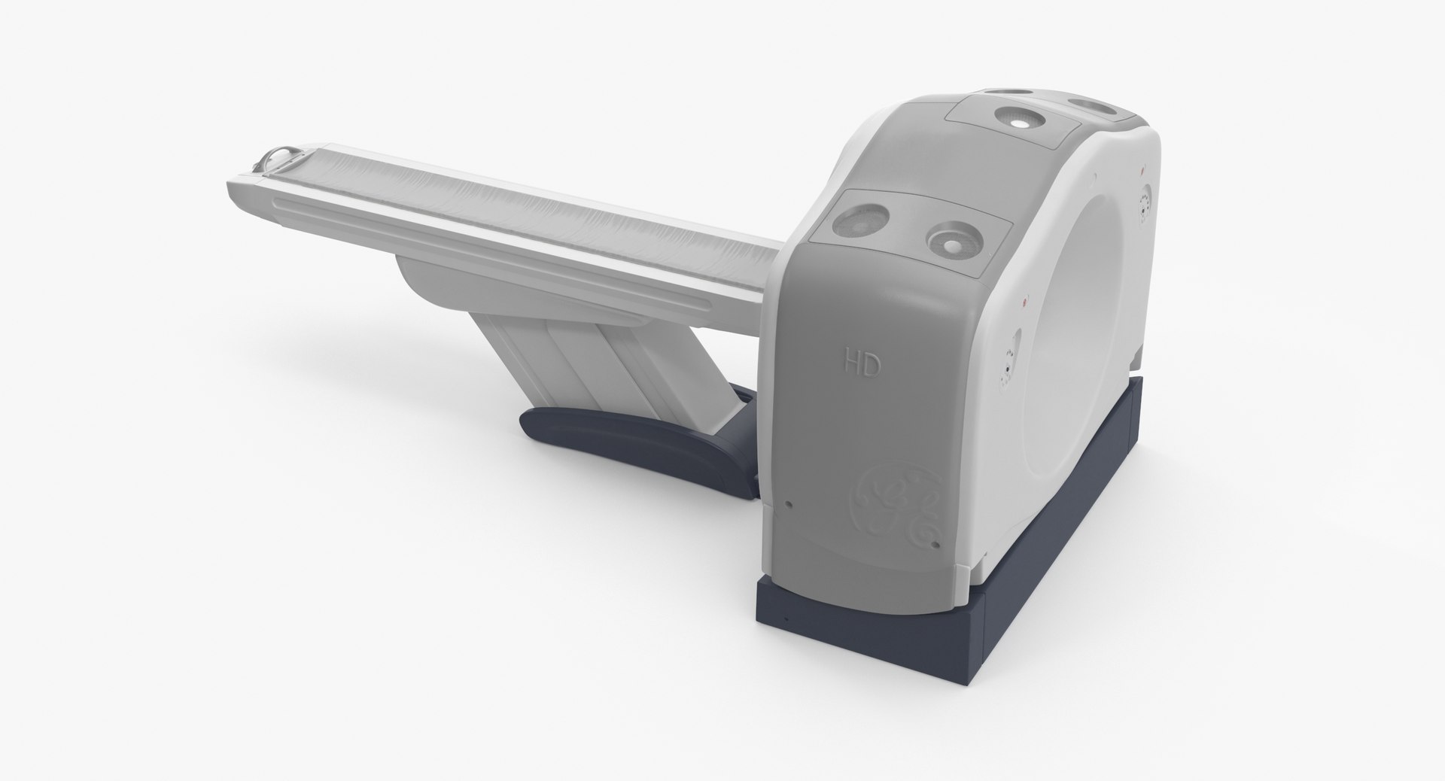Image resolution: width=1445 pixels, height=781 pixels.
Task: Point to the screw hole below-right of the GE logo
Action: pyautogui.click(x=935, y=543)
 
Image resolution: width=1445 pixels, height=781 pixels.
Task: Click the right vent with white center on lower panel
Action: pyautogui.click(x=954, y=242)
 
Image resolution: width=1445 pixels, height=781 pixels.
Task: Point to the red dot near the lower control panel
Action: pyautogui.click(x=1024, y=303)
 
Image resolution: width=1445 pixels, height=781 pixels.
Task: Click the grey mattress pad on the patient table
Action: pyautogui.click(x=512, y=218)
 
